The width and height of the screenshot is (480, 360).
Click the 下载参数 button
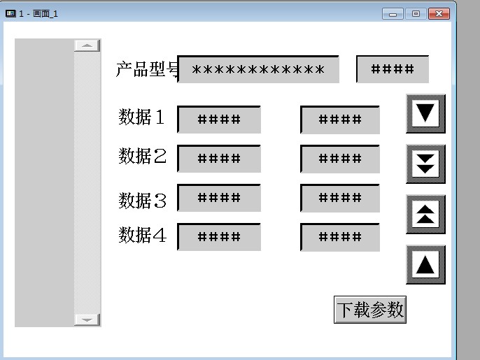[370, 310]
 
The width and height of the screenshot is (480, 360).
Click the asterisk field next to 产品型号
[258, 70]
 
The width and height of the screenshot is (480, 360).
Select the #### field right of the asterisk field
[393, 69]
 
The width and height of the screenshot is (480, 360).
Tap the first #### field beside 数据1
[219, 120]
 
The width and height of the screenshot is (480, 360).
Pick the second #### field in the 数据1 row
[340, 120]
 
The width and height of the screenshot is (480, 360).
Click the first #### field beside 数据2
[219, 159]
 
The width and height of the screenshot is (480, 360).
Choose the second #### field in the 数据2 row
[340, 159]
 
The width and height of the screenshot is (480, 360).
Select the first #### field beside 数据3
[219, 198]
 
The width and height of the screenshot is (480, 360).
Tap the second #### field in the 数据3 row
[340, 198]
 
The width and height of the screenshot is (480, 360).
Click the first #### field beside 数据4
[219, 237]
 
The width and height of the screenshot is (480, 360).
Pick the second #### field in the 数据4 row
[340, 237]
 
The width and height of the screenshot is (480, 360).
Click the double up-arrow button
[425, 215]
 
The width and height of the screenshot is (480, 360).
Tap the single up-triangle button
[425, 265]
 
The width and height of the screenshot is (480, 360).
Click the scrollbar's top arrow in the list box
[87, 45]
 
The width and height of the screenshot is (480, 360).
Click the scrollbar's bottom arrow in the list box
[87, 319]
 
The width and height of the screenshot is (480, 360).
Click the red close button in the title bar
[438, 13]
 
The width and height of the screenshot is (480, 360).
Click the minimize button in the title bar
[393, 13]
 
